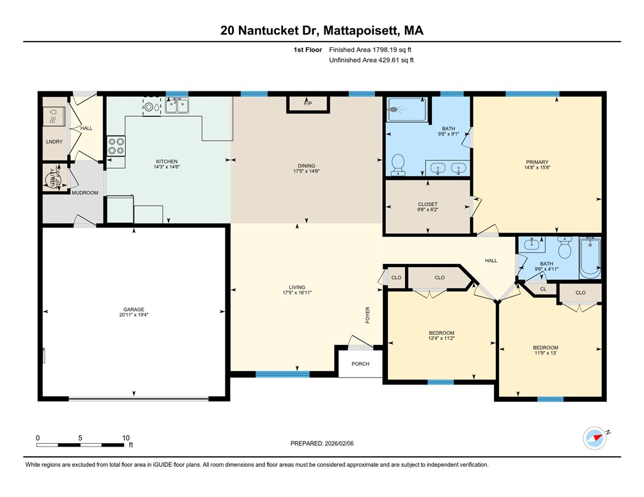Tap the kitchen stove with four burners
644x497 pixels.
pos(116,146)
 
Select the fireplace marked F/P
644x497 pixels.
pos(307,103)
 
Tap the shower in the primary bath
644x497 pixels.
pos(406,109)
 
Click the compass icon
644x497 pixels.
pos(594,439)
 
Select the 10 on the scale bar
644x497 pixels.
pos(126,438)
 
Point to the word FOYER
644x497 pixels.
pos(368,315)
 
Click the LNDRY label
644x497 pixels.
pos(54,141)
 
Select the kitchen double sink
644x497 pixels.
pos(177,106)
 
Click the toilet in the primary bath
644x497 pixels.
pos(399,164)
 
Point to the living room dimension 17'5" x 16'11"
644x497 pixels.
pos(297,293)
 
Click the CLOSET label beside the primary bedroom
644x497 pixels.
pos(427,204)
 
